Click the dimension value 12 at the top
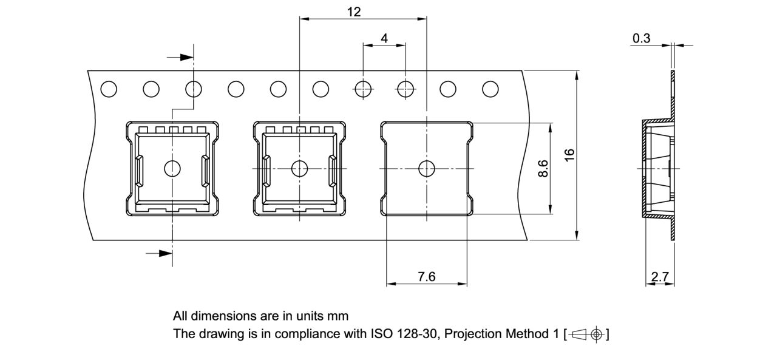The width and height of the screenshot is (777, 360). pos(354,12)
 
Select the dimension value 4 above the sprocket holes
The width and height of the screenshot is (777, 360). pos(384,38)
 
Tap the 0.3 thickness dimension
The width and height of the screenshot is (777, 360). pos(641,38)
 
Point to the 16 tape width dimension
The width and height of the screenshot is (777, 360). pos(569,155)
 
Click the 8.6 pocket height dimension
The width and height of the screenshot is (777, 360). pos(543,169)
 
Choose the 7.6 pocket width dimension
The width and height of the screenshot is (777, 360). pos(427,276)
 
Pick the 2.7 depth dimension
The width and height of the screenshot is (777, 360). pos(659,277)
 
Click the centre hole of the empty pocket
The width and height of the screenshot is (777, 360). pos(427,168)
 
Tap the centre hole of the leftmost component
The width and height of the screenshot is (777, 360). pos(173,168)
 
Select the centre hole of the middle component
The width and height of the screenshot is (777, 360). pos(300,168)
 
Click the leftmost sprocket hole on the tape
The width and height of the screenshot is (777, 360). pos(109,89)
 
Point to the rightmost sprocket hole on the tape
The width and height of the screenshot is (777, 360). pos(490,89)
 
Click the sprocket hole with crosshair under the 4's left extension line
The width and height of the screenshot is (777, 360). pos(363,89)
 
